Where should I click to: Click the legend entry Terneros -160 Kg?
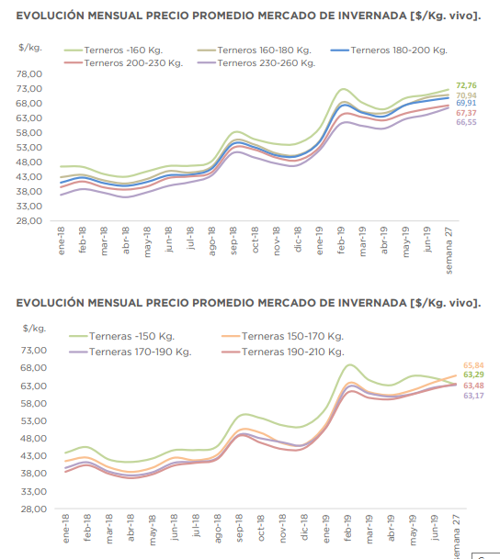click(113, 50)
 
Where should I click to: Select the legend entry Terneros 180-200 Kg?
click(389, 50)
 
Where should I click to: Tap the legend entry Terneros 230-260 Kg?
click(256, 63)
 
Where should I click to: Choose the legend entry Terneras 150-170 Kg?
click(282, 336)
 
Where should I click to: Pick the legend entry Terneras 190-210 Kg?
click(283, 352)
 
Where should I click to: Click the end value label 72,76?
click(466, 85)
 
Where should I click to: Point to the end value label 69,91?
click(466, 103)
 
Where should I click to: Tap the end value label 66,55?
click(466, 122)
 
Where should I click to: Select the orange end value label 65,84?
click(473, 365)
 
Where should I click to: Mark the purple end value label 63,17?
click(473, 396)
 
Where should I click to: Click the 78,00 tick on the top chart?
click(29, 74)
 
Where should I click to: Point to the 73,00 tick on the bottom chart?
click(34, 350)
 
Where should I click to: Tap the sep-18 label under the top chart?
click(233, 240)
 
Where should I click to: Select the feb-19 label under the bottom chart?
click(348, 528)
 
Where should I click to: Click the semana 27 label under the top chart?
click(449, 251)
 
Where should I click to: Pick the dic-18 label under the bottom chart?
click(304, 527)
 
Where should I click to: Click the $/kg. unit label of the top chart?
click(30, 48)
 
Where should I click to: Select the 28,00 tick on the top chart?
click(29, 221)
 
